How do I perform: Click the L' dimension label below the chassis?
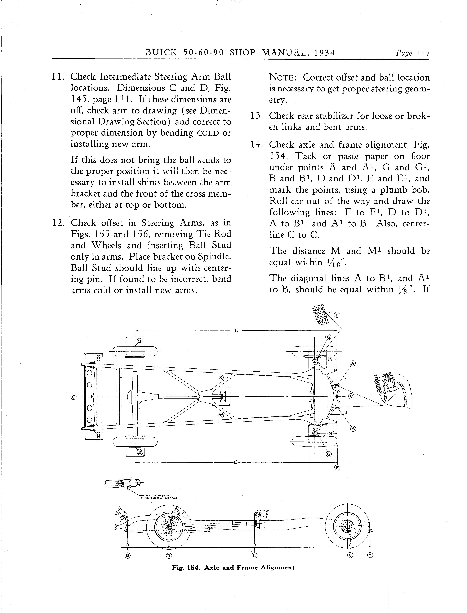[236, 463]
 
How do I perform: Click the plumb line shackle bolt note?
[159, 496]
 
